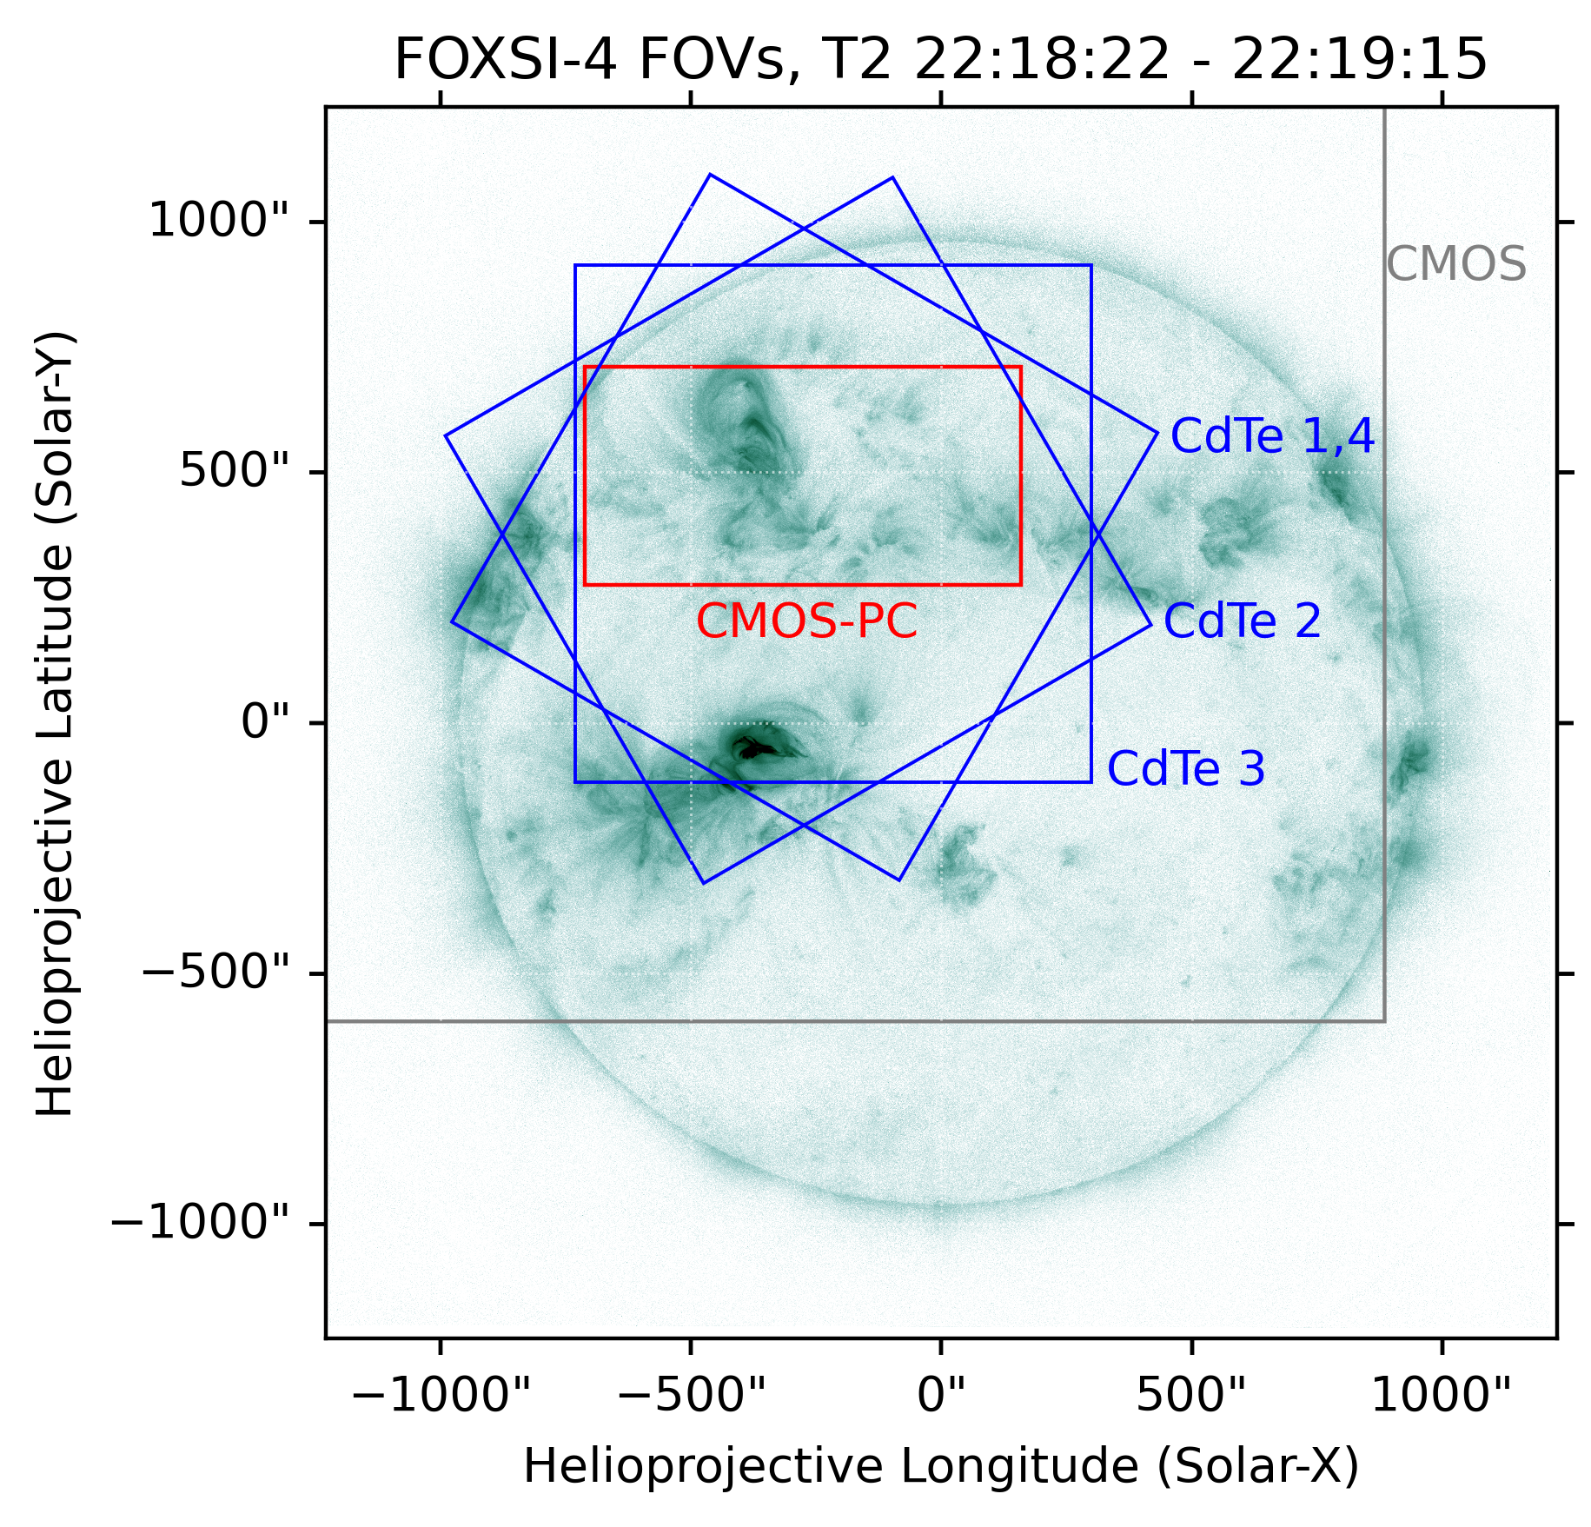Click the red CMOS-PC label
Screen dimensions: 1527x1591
(x=806, y=622)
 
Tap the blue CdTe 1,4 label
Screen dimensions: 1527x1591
(x=1272, y=436)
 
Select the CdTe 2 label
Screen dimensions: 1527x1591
(x=1242, y=621)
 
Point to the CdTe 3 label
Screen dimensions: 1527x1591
(x=1185, y=769)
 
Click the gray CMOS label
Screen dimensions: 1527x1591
(x=1455, y=264)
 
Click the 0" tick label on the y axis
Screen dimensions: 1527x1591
(x=264, y=722)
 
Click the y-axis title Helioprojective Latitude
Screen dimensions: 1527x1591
(x=56, y=723)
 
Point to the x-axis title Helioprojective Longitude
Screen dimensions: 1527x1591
(x=940, y=1467)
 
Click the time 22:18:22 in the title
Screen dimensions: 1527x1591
(x=1042, y=61)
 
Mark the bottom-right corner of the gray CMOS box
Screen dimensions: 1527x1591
(x=1384, y=1021)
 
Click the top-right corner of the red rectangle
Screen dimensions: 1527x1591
(x=1020, y=367)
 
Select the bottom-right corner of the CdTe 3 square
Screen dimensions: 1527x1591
(x=1091, y=782)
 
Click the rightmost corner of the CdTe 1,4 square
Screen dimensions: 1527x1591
(x=1157, y=432)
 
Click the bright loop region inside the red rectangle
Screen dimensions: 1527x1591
(x=747, y=426)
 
